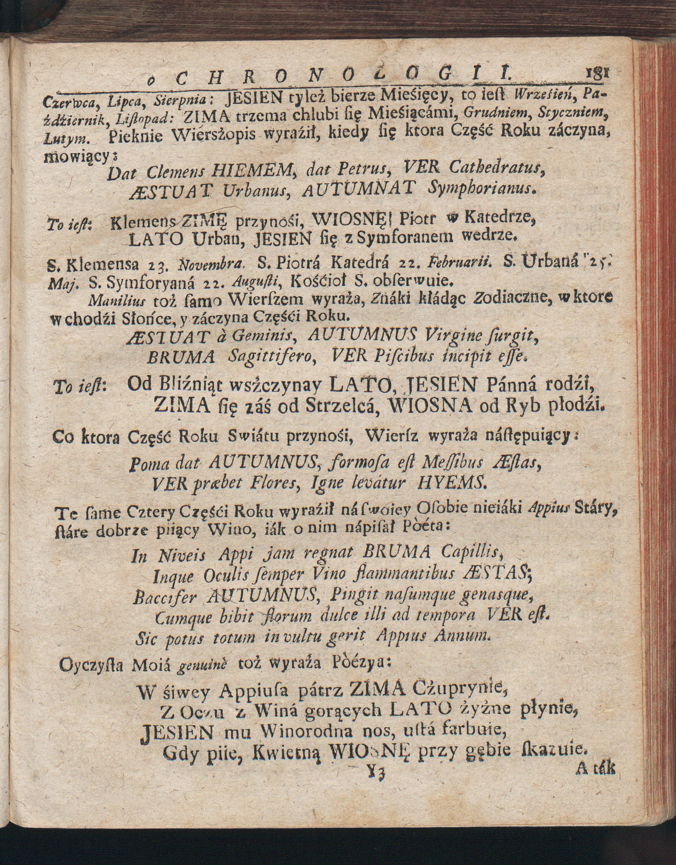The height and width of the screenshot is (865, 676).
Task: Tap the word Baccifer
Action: (x=165, y=596)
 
